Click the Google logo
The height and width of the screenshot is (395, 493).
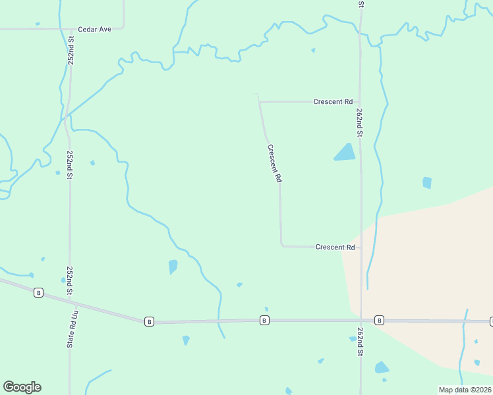click(22, 387)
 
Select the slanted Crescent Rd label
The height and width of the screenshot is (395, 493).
click(275, 163)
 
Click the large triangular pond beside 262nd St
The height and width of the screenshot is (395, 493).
click(345, 153)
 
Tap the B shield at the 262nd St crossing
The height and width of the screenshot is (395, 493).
click(379, 320)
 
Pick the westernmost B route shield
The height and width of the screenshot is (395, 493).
click(39, 292)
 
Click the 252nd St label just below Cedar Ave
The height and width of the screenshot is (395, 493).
click(71, 50)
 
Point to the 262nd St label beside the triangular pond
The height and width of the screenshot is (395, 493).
click(360, 122)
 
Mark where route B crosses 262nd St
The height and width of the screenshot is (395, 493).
click(361, 321)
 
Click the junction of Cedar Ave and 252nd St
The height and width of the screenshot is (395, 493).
click(70, 30)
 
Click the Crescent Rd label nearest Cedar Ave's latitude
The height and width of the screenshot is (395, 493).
click(333, 102)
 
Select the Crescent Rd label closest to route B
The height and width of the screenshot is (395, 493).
click(335, 247)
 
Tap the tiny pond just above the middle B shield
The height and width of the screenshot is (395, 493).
click(266, 309)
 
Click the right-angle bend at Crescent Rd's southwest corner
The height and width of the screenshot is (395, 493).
click(281, 245)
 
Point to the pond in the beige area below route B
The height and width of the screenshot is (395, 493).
click(382, 367)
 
